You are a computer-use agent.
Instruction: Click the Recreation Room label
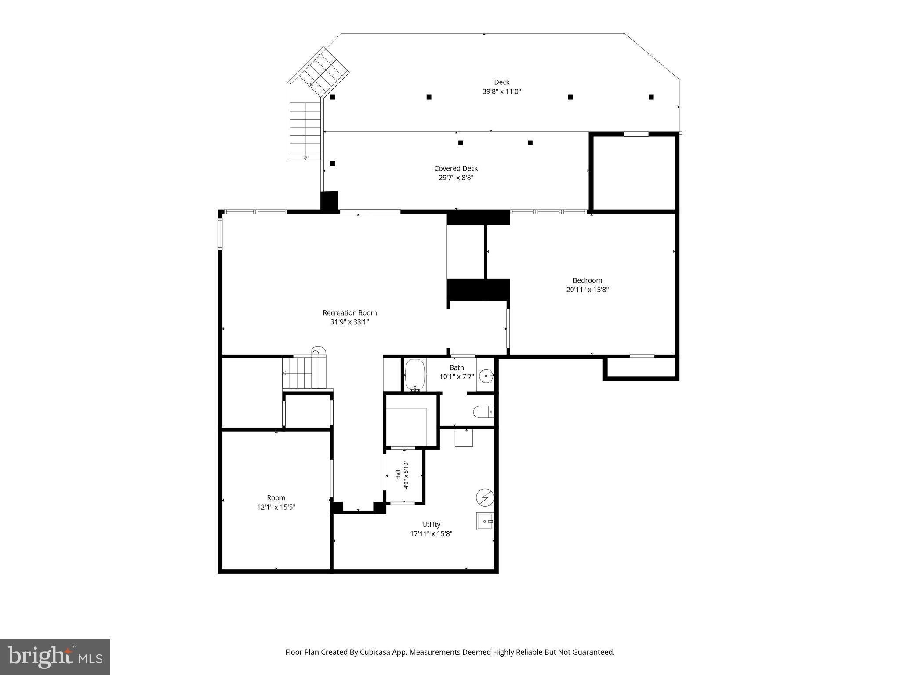(x=350, y=313)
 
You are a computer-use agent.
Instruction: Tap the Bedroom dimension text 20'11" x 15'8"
(x=588, y=290)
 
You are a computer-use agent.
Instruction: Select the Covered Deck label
(x=456, y=168)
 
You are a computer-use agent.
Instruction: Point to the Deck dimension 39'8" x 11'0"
(x=502, y=91)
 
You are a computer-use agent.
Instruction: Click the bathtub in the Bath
(x=415, y=375)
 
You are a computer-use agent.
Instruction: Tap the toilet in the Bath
(x=483, y=412)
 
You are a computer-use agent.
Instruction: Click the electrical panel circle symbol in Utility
(x=485, y=497)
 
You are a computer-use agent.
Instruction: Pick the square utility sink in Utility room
(x=485, y=521)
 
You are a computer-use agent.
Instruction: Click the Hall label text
(x=398, y=475)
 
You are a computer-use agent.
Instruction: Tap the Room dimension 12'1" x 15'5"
(x=276, y=507)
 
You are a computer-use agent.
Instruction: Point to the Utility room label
(x=431, y=524)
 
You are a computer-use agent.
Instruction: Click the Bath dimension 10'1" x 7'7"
(x=457, y=377)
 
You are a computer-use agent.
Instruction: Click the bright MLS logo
(x=55, y=657)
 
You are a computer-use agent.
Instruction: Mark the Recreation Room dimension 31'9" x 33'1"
(x=350, y=322)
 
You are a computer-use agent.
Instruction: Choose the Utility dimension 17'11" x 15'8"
(x=431, y=534)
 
